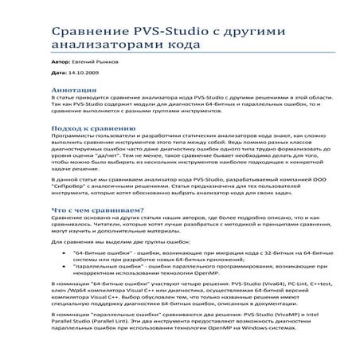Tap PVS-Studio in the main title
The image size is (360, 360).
[177, 32]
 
